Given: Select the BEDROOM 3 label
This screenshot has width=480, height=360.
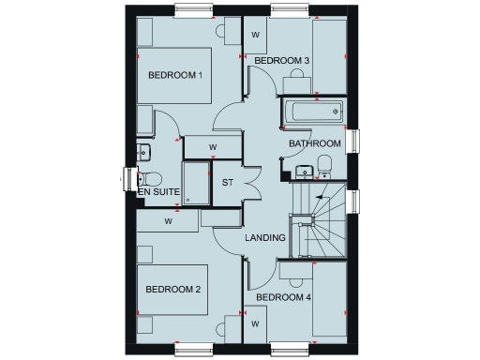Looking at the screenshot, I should pyautogui.click(x=282, y=61).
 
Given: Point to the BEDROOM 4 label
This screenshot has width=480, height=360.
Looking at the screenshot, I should pyautogui.click(x=283, y=298).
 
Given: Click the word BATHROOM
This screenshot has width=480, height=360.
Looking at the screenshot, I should pyautogui.click(x=314, y=143).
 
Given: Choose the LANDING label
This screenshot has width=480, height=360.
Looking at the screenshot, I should pyautogui.click(x=265, y=238).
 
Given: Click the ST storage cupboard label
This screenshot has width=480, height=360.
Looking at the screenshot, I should pyautogui.click(x=227, y=182).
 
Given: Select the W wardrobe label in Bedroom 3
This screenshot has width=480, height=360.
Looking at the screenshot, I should pyautogui.click(x=256, y=35).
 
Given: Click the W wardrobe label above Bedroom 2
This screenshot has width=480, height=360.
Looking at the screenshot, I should pyautogui.click(x=169, y=222).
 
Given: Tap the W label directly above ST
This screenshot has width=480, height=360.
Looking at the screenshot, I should pyautogui.click(x=213, y=147).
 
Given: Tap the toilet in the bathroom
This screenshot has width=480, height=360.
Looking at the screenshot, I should pyautogui.click(x=324, y=167).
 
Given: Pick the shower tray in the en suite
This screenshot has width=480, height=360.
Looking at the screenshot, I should pyautogui.click(x=197, y=183).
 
